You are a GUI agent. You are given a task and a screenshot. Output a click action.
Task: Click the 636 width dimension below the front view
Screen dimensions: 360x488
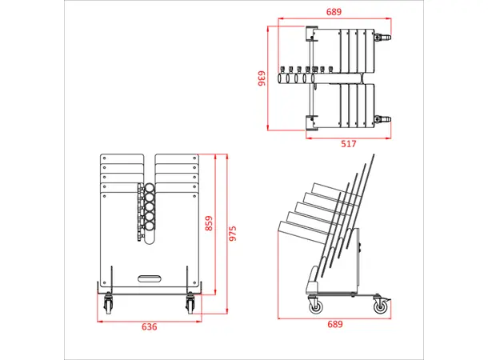coord(149,326)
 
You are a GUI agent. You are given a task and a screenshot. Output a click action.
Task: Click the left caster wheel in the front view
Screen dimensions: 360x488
coord(108,304)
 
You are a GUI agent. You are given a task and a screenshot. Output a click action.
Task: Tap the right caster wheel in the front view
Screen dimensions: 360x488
coord(190,304)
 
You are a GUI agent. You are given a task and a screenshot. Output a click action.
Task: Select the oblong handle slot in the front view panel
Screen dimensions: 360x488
coord(149,278)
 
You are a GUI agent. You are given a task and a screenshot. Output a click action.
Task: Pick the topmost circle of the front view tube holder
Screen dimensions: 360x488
coord(149,189)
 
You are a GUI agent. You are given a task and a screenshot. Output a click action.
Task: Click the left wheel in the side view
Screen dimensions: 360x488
coord(314,305)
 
